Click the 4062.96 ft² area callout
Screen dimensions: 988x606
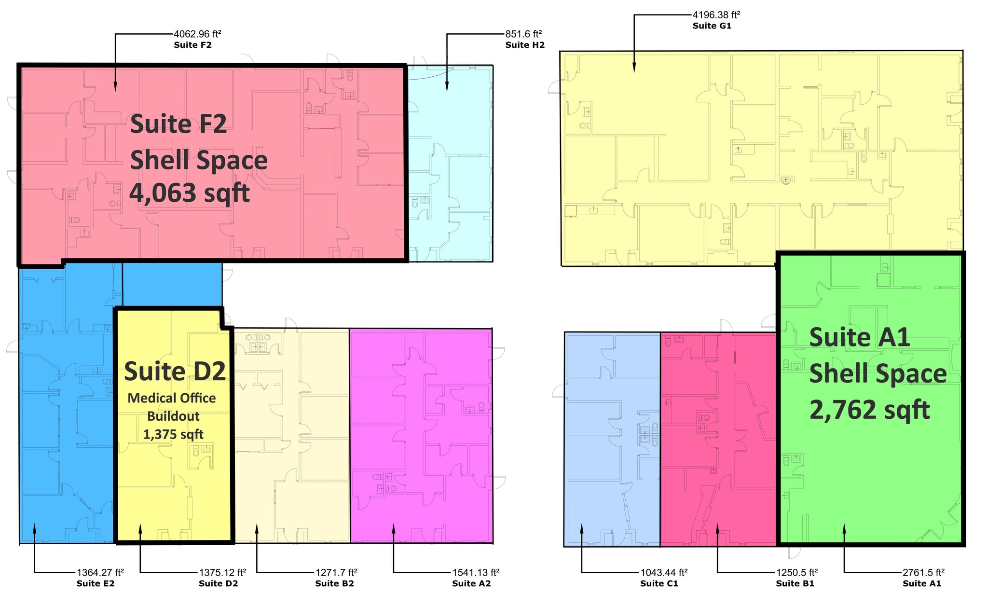(197, 34)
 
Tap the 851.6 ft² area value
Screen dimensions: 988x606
(523, 34)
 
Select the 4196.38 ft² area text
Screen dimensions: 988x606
(716, 14)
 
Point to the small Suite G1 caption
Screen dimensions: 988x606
(712, 26)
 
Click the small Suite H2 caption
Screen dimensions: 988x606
(525, 45)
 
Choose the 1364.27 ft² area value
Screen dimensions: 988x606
(100, 572)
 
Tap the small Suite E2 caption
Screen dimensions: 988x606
(96, 584)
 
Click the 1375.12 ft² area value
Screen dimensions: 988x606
(222, 572)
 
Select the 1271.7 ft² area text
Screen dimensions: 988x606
(336, 572)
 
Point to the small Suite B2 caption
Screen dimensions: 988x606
(335, 584)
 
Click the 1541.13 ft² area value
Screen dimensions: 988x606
(476, 572)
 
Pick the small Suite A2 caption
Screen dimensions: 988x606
(471, 584)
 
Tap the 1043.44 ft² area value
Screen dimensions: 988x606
(664, 572)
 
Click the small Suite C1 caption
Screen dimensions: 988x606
(659, 584)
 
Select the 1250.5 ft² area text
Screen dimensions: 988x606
(797, 572)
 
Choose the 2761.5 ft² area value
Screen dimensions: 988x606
(923, 572)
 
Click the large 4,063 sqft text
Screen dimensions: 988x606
(190, 193)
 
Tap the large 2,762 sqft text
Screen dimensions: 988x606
(870, 411)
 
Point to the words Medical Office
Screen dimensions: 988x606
(172, 398)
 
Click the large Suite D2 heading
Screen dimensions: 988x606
(175, 371)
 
